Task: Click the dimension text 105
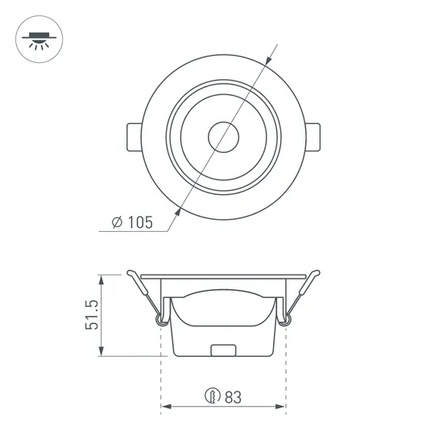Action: click(139, 223)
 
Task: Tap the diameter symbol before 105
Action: click(117, 223)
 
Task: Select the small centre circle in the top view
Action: click(223, 136)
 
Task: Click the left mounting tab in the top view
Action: click(134, 136)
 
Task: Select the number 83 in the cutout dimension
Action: click(234, 396)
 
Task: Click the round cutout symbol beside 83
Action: click(213, 396)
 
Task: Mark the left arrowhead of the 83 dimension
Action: click(166, 410)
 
